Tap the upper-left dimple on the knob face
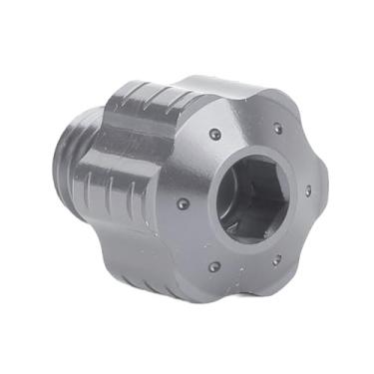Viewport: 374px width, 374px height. (214, 133)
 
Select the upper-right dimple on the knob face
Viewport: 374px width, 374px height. (278, 127)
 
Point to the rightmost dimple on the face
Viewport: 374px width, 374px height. (308, 190)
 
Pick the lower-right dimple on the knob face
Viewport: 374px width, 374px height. (276, 260)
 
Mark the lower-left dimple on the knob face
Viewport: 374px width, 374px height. (213, 266)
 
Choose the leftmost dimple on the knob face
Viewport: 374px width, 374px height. (182, 202)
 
